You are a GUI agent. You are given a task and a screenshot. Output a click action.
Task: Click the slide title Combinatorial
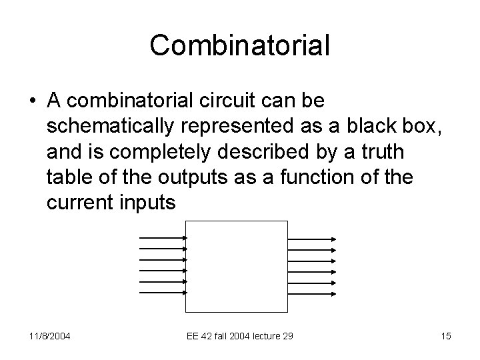[240, 45]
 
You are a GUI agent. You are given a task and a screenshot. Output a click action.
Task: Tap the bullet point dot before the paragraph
[32, 101]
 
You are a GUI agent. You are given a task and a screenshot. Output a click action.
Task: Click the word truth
[381, 153]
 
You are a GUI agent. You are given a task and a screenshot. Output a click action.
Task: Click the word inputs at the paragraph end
[147, 204]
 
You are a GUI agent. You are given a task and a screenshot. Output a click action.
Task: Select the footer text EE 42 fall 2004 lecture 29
[239, 336]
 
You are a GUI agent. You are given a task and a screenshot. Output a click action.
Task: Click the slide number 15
[446, 336]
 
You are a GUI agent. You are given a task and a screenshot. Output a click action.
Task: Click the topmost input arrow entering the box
[163, 239]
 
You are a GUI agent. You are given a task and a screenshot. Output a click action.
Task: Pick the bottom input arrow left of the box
[163, 292]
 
